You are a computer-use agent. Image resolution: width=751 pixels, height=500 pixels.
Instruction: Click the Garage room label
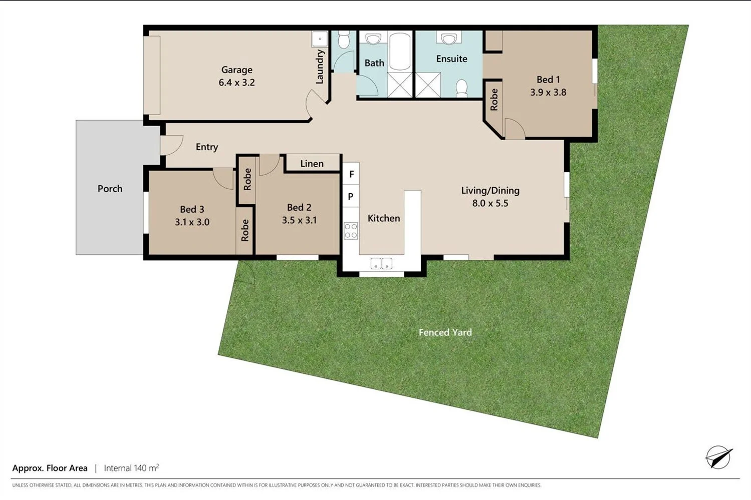236,70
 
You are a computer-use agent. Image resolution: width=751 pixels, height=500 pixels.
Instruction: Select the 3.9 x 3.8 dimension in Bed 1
548,93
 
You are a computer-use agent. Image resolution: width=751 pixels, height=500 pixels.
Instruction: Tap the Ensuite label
451,59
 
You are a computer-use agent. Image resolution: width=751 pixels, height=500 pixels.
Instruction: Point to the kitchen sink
381,263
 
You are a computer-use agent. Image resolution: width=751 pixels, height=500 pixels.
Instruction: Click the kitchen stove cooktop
351,231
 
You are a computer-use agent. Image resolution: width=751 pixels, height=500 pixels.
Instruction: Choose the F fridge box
351,174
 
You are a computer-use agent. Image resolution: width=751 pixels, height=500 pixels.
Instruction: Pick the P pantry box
351,197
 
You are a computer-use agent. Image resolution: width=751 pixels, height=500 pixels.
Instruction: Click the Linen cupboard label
312,164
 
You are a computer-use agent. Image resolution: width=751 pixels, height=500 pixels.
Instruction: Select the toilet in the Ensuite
461,88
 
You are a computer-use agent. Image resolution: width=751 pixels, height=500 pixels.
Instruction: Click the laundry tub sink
320,39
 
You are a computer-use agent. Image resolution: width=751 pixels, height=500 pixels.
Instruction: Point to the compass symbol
718,457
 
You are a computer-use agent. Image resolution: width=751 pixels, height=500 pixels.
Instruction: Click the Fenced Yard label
445,332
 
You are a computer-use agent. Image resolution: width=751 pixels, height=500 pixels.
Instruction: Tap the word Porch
110,189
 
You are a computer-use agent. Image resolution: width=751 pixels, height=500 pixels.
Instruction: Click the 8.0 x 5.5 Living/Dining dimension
490,203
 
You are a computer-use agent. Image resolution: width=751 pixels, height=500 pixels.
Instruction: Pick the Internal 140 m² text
131,468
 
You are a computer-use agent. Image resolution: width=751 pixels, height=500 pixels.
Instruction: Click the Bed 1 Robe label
494,100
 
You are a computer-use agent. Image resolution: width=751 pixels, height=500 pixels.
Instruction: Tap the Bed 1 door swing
514,130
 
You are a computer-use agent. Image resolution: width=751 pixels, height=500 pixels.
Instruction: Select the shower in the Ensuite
428,85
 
